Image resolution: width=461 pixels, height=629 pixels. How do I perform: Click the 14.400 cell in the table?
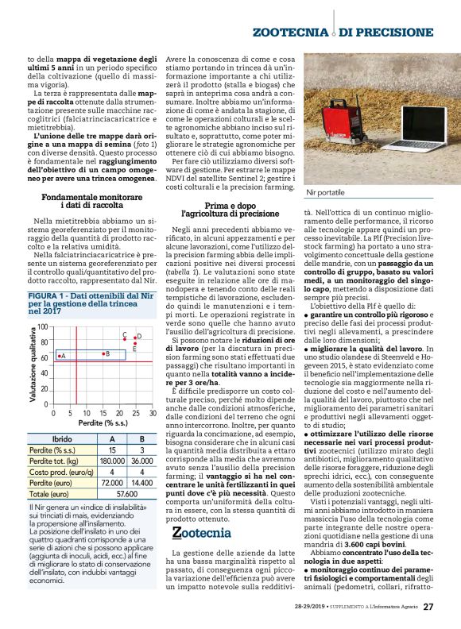click(141, 482)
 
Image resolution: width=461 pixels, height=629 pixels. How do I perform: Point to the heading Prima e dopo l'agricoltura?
click(230, 207)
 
